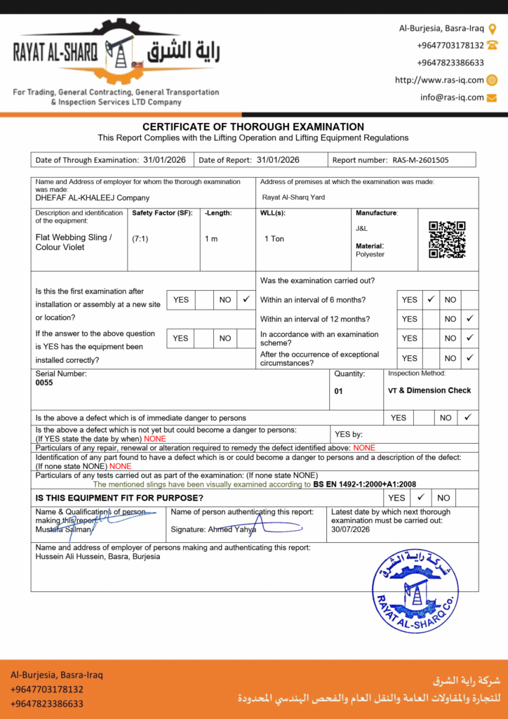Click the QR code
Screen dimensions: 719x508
tap(447, 239)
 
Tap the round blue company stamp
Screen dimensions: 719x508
tap(415, 591)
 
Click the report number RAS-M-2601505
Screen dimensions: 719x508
tap(420, 160)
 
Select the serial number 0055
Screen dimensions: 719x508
tap(44, 383)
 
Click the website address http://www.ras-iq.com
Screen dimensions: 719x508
tap(439, 80)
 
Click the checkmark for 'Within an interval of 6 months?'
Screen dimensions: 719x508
tap(431, 299)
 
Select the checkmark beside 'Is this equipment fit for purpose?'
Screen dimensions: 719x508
tap(420, 497)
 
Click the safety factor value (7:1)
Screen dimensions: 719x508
tap(140, 239)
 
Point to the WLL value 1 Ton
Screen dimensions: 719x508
tap(274, 239)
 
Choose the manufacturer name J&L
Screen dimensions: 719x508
tap(361, 229)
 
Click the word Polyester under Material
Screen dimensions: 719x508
tap(370, 254)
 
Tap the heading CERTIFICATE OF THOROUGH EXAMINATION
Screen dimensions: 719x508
tap(253, 126)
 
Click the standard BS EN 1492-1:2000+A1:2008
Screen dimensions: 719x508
tap(365, 484)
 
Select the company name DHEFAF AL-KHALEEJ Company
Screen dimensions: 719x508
tap(93, 198)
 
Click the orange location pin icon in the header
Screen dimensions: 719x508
tap(493, 29)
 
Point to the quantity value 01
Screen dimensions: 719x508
tap(338, 392)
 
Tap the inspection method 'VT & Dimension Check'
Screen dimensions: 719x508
tap(429, 390)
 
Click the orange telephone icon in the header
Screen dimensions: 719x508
tap(493, 45)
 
